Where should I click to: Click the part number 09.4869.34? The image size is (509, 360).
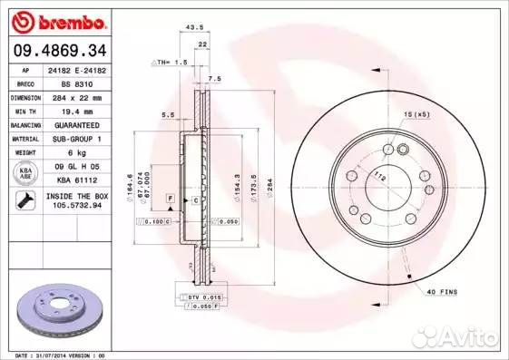coord(58,49)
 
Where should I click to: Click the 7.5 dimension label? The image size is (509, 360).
coord(214,79)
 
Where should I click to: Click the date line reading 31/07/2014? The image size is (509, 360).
coord(56,355)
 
